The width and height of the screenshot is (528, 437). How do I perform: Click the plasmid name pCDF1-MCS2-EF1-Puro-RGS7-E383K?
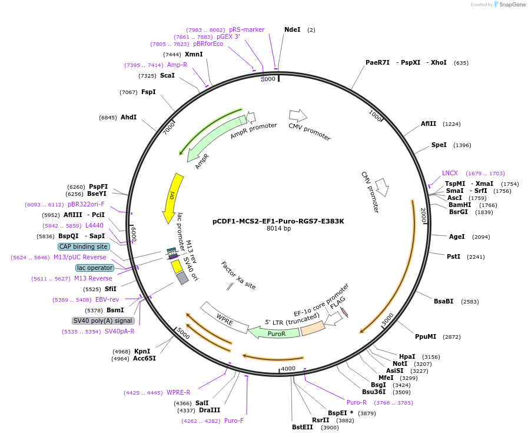pyautogui.click(x=278, y=221)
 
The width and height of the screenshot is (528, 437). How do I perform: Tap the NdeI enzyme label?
pyautogui.click(x=292, y=29)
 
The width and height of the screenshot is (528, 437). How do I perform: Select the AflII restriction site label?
pyautogui.click(x=429, y=124)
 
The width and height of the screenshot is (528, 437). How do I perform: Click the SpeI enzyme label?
pyautogui.click(x=439, y=145)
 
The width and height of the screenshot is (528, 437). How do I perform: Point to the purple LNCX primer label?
pyautogui.click(x=450, y=174)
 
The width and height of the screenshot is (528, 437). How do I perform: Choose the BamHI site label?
pyautogui.click(x=460, y=205)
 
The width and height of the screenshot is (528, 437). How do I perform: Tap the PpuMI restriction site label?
pyautogui.click(x=426, y=337)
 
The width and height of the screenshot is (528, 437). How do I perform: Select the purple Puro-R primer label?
pyautogui.click(x=357, y=403)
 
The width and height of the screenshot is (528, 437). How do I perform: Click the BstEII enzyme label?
pyautogui.click(x=303, y=428)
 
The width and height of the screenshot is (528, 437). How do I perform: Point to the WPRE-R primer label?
pyautogui.click(x=178, y=392)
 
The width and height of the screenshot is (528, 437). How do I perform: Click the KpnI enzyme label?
pyautogui.click(x=142, y=352)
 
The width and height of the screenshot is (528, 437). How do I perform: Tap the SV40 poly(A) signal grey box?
pyautogui.click(x=103, y=321)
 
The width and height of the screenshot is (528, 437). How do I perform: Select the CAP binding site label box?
pyautogui.click(x=84, y=247)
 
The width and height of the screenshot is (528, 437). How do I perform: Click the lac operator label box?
pyautogui.click(x=94, y=268)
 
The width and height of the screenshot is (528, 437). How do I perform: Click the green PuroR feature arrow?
pyautogui.click(x=274, y=332)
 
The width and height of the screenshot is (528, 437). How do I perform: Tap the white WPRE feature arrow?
pyautogui.click(x=224, y=318)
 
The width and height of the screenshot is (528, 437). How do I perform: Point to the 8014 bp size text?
pyautogui.click(x=278, y=229)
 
